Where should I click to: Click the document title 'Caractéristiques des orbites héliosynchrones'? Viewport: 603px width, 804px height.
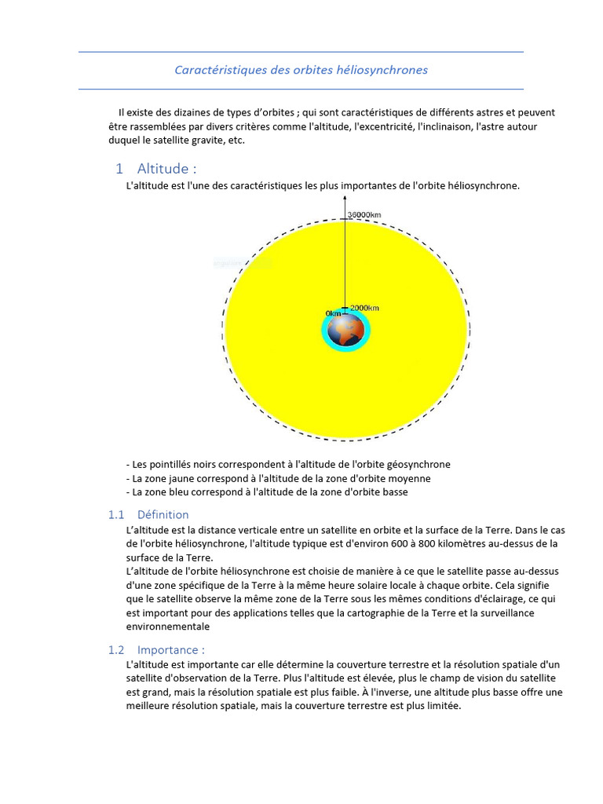tap(301, 70)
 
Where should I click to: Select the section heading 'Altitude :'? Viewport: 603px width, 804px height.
tap(166, 169)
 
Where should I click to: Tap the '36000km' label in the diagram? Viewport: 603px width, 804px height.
tap(364, 214)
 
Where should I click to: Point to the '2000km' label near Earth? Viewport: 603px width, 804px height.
tap(364, 308)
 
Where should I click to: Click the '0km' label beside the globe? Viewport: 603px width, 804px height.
tap(333, 313)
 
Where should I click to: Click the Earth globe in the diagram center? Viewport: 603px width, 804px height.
tap(345, 331)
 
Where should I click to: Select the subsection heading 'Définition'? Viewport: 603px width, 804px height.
tap(163, 515)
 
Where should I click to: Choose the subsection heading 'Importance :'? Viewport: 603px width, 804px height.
tap(171, 650)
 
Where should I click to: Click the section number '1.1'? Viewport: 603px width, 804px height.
tap(116, 515)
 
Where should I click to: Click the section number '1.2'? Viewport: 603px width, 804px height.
tap(116, 650)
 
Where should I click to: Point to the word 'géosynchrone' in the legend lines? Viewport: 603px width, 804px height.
tap(418, 464)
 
